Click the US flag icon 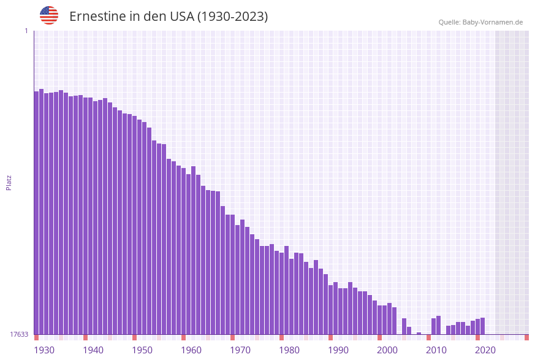49,15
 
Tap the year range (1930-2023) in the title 232,17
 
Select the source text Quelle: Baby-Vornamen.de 480,22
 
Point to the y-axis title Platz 9,182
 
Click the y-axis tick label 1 26,31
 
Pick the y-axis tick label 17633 19,334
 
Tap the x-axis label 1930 44,350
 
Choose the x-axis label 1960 191,350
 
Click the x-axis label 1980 289,350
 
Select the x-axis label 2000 387,350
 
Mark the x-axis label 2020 485,350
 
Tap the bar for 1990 331,310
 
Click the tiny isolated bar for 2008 419,333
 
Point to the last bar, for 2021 483,326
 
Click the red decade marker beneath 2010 429,337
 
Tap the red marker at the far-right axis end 526,337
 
